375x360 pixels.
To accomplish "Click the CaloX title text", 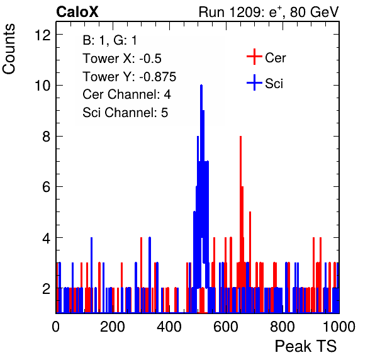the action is [77, 12].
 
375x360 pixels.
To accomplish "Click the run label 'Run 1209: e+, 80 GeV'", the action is [269, 12].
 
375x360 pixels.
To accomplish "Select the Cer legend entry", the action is [266, 57].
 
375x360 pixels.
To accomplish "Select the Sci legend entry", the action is [265, 83].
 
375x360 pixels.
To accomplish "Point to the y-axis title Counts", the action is [9, 49].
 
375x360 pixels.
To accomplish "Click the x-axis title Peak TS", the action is [306, 346].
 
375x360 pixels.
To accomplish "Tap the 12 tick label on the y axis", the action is [43, 35].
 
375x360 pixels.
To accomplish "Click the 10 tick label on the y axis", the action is [43, 86].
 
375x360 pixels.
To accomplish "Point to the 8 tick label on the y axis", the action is [47, 137].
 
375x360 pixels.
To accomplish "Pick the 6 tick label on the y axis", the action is [47, 187].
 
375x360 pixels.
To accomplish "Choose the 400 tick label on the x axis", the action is [169, 326].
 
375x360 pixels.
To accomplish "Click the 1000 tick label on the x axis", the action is [339, 326].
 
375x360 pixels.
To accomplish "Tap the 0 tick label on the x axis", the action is [56, 326].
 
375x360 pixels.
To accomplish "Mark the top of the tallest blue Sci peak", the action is [201, 85].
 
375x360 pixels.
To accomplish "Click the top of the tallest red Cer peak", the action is [240, 137].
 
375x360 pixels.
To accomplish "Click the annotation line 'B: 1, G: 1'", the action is [109, 40].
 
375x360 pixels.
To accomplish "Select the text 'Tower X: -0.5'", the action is [122, 59].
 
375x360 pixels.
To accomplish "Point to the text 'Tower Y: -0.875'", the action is [130, 77].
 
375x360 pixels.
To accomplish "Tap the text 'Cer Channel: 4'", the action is [126, 94].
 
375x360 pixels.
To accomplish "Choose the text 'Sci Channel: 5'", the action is [125, 113].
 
